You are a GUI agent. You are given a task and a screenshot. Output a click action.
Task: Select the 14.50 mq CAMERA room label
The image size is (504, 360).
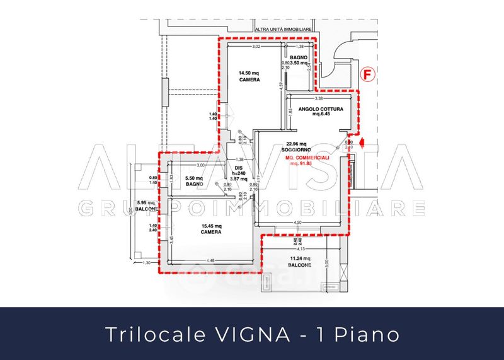point(248,76)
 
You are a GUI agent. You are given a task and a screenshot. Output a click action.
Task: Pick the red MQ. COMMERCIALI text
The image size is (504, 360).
point(301,158)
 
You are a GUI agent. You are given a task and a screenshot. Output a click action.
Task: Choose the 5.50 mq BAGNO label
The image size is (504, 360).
point(195,180)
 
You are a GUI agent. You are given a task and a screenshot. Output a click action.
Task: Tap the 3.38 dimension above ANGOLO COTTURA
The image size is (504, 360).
point(318,98)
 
